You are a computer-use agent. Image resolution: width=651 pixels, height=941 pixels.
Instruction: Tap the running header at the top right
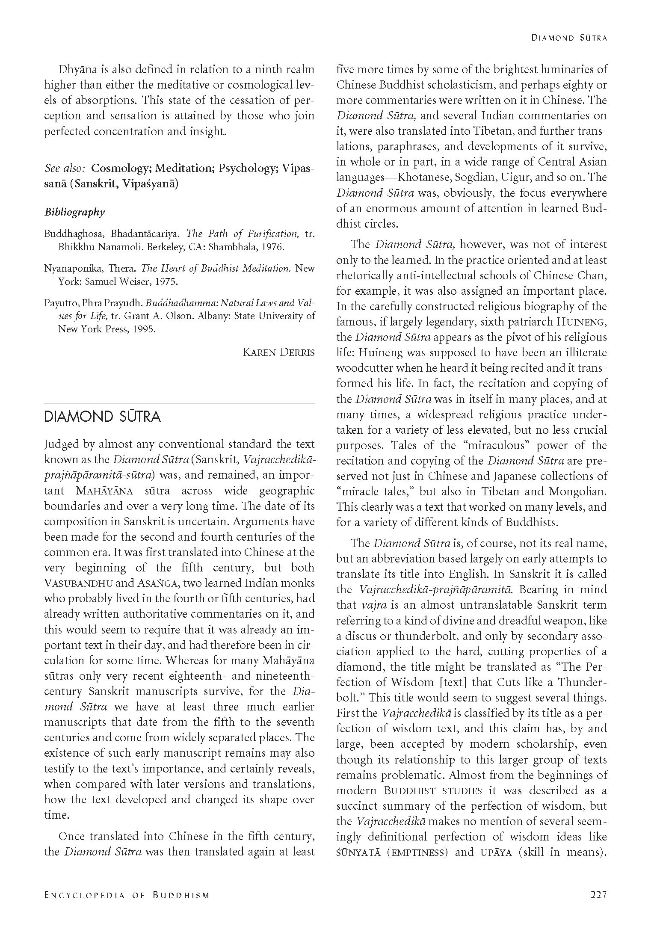(569, 38)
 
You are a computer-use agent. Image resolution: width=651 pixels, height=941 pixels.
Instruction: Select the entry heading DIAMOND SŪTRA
(102, 417)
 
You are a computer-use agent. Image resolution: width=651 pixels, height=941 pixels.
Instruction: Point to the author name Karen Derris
(278, 352)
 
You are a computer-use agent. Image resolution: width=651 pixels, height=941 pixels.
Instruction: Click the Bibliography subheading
(74, 212)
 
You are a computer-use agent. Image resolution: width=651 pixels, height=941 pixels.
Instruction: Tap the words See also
(64, 168)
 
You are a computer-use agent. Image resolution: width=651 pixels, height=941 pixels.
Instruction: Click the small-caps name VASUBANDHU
(78, 583)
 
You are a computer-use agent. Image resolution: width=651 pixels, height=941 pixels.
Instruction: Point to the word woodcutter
(364, 368)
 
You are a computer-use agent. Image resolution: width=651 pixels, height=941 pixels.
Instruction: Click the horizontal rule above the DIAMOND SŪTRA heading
(179, 403)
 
